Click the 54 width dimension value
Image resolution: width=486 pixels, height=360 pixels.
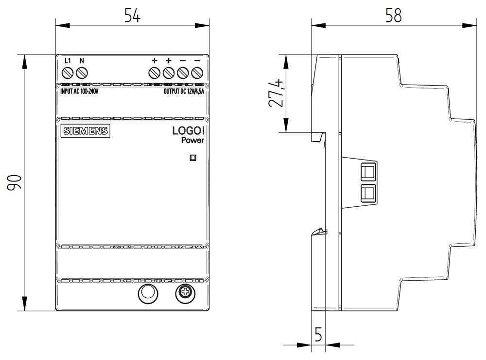(x=132, y=15)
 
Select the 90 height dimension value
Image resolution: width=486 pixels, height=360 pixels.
(x=15, y=182)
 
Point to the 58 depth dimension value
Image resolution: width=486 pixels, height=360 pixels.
(x=393, y=15)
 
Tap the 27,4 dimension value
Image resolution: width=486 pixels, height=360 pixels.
(x=276, y=93)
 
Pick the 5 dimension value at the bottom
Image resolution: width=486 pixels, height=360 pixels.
(x=318, y=334)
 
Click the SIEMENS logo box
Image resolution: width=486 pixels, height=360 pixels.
(x=86, y=131)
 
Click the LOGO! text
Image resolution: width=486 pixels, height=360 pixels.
(x=189, y=131)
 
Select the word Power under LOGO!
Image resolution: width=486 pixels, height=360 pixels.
(x=192, y=140)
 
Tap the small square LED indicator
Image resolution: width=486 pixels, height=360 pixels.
(x=193, y=158)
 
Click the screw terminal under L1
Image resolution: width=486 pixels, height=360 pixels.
(x=68, y=73)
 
